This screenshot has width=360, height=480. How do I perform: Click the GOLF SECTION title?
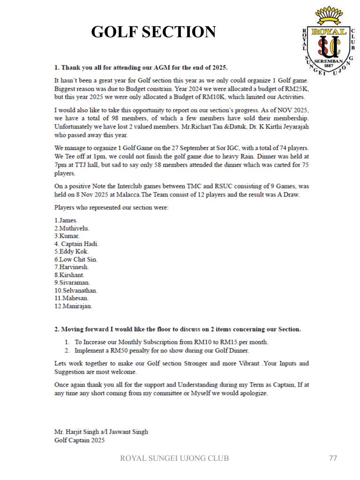point(153,32)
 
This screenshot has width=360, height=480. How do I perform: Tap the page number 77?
point(333,458)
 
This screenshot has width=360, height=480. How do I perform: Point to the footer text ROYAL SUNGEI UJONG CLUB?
point(175,458)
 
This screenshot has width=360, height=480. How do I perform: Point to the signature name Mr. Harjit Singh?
point(101,432)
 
